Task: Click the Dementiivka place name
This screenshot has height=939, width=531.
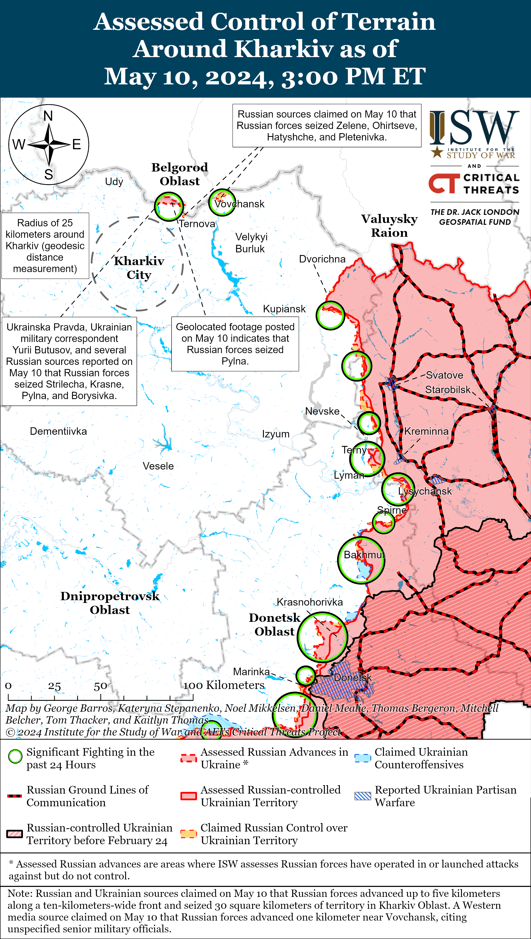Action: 58,431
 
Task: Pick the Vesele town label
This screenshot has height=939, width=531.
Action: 158,466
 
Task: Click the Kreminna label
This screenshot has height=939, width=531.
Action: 426,431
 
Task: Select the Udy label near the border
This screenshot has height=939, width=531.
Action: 114,182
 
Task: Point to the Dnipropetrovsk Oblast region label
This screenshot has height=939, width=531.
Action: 110,603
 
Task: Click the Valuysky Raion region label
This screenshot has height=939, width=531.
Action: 389,225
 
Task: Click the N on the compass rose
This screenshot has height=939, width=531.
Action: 48,116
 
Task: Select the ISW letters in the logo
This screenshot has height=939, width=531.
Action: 474,128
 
